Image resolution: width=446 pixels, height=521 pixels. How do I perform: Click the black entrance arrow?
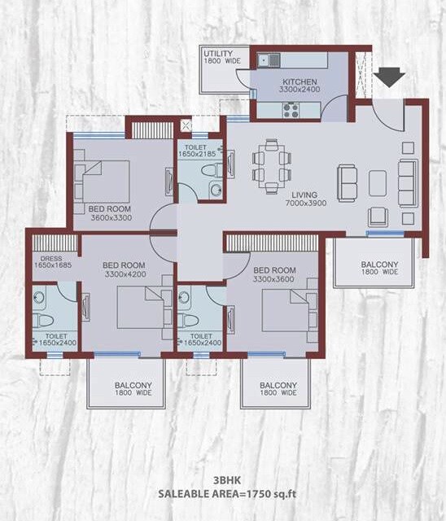(391, 77)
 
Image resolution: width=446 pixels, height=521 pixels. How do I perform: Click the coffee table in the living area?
(377, 183)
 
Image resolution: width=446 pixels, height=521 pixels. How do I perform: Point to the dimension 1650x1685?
(52, 265)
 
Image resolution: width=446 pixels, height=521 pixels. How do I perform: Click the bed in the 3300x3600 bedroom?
(285, 311)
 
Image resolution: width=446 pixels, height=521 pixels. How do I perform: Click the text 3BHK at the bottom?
(223, 481)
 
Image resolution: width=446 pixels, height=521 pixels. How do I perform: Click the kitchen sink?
(269, 59)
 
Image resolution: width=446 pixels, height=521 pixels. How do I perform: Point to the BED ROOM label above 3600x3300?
(109, 209)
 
